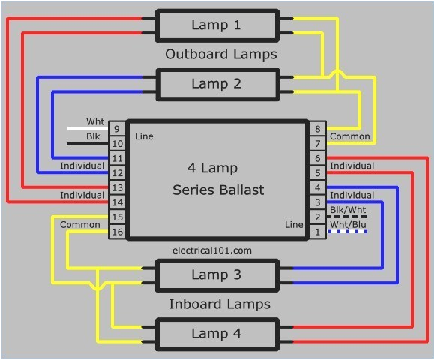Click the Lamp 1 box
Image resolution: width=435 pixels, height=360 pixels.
pos(217,25)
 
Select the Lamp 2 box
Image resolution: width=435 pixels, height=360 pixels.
pos(217,84)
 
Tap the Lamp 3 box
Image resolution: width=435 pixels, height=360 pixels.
pos(217,274)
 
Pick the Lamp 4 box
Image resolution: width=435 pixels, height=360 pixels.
pos(217,333)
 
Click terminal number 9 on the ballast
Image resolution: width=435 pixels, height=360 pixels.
pos(117,128)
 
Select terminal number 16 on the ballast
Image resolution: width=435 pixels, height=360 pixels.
pos(117,232)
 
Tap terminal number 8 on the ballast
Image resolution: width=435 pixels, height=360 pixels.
pos(318,128)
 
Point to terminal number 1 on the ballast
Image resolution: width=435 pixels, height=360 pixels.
pos(318,232)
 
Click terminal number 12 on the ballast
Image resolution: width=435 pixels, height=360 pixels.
pos(117,172)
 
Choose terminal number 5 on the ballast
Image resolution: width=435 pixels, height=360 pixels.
pos(318,172)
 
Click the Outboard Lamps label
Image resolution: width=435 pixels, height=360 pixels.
pos(220,55)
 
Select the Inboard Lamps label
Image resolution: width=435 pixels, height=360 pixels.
pos(219,304)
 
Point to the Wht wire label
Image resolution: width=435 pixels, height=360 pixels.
pos(95,121)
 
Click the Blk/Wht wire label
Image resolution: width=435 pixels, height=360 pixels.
pos(348,210)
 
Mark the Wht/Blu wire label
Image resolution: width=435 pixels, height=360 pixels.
pos(348,224)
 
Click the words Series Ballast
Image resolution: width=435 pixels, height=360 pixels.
pos(218,190)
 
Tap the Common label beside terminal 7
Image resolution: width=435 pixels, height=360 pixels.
pos(350,136)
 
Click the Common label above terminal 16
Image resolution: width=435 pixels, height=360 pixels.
pos(80,224)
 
